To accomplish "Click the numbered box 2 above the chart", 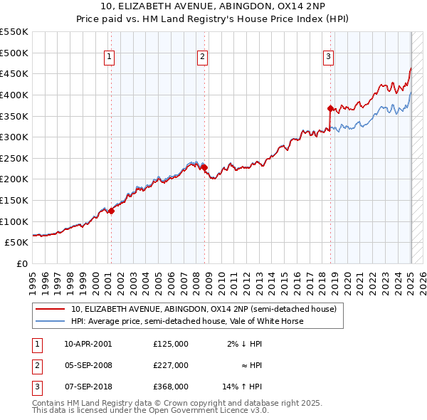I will click(x=203, y=58).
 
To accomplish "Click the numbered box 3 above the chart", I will click(x=329, y=58).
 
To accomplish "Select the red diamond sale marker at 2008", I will click(x=204, y=168).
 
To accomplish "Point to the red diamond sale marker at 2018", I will click(x=331, y=108).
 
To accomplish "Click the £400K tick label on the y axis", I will click(x=14, y=95).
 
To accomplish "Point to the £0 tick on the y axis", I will click(x=22, y=263).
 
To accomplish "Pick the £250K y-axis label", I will click(x=14, y=158).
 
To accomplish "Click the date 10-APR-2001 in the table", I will click(x=88, y=344).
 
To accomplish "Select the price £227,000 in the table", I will click(x=171, y=365).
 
